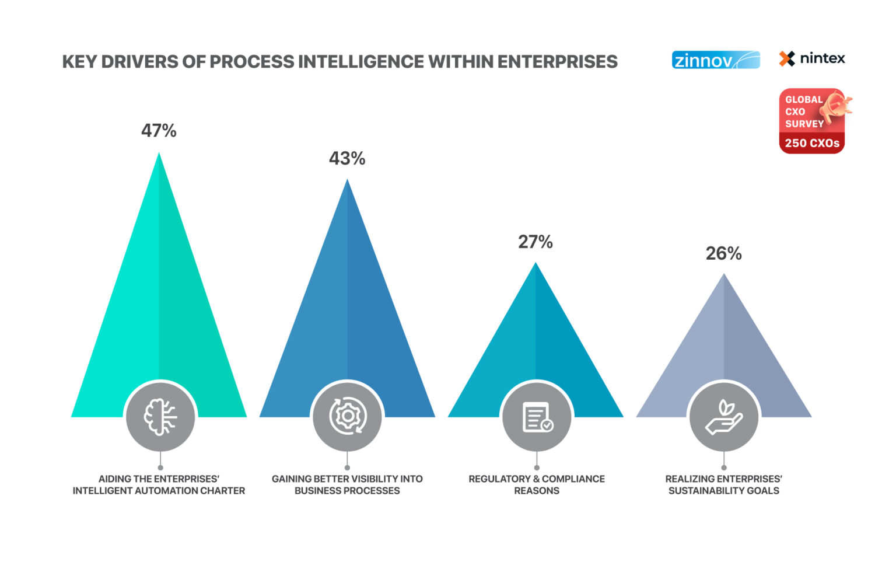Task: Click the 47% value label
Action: click(159, 130)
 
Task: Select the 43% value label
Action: click(347, 158)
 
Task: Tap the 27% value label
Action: click(535, 242)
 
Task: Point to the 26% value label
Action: click(723, 253)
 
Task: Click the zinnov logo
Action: click(716, 60)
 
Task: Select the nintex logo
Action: click(812, 58)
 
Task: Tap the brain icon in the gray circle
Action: click(160, 417)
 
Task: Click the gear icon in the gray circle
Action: click(348, 416)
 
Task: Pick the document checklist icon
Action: click(537, 417)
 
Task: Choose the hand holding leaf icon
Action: click(723, 417)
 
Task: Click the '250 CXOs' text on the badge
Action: click(812, 143)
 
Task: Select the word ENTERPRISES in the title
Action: click(558, 62)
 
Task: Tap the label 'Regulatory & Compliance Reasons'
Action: click(537, 484)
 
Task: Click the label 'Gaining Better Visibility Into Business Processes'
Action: click(347, 484)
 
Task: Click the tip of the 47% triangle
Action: click(159, 154)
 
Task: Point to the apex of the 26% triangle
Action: click(724, 274)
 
